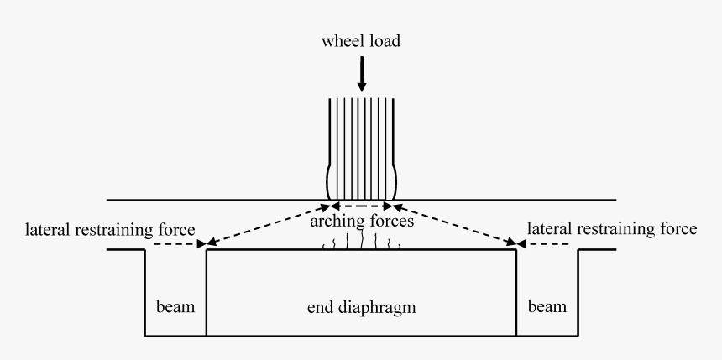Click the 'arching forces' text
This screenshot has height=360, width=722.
pyautogui.click(x=362, y=222)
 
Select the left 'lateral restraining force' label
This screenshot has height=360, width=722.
pyautogui.click(x=111, y=228)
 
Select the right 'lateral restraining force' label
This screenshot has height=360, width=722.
pyautogui.click(x=610, y=228)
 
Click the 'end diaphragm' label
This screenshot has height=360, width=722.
pyautogui.click(x=362, y=308)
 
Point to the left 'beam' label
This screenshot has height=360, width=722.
pyautogui.click(x=176, y=307)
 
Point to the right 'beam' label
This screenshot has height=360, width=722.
pyautogui.click(x=547, y=307)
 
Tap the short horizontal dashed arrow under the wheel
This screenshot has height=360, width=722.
pyautogui.click(x=362, y=205)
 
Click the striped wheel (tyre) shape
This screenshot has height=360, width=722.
pyautogui.click(x=362, y=147)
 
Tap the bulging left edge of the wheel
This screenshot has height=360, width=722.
pyautogui.click(x=328, y=180)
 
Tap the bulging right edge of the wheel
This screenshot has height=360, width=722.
pyautogui.click(x=395, y=180)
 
